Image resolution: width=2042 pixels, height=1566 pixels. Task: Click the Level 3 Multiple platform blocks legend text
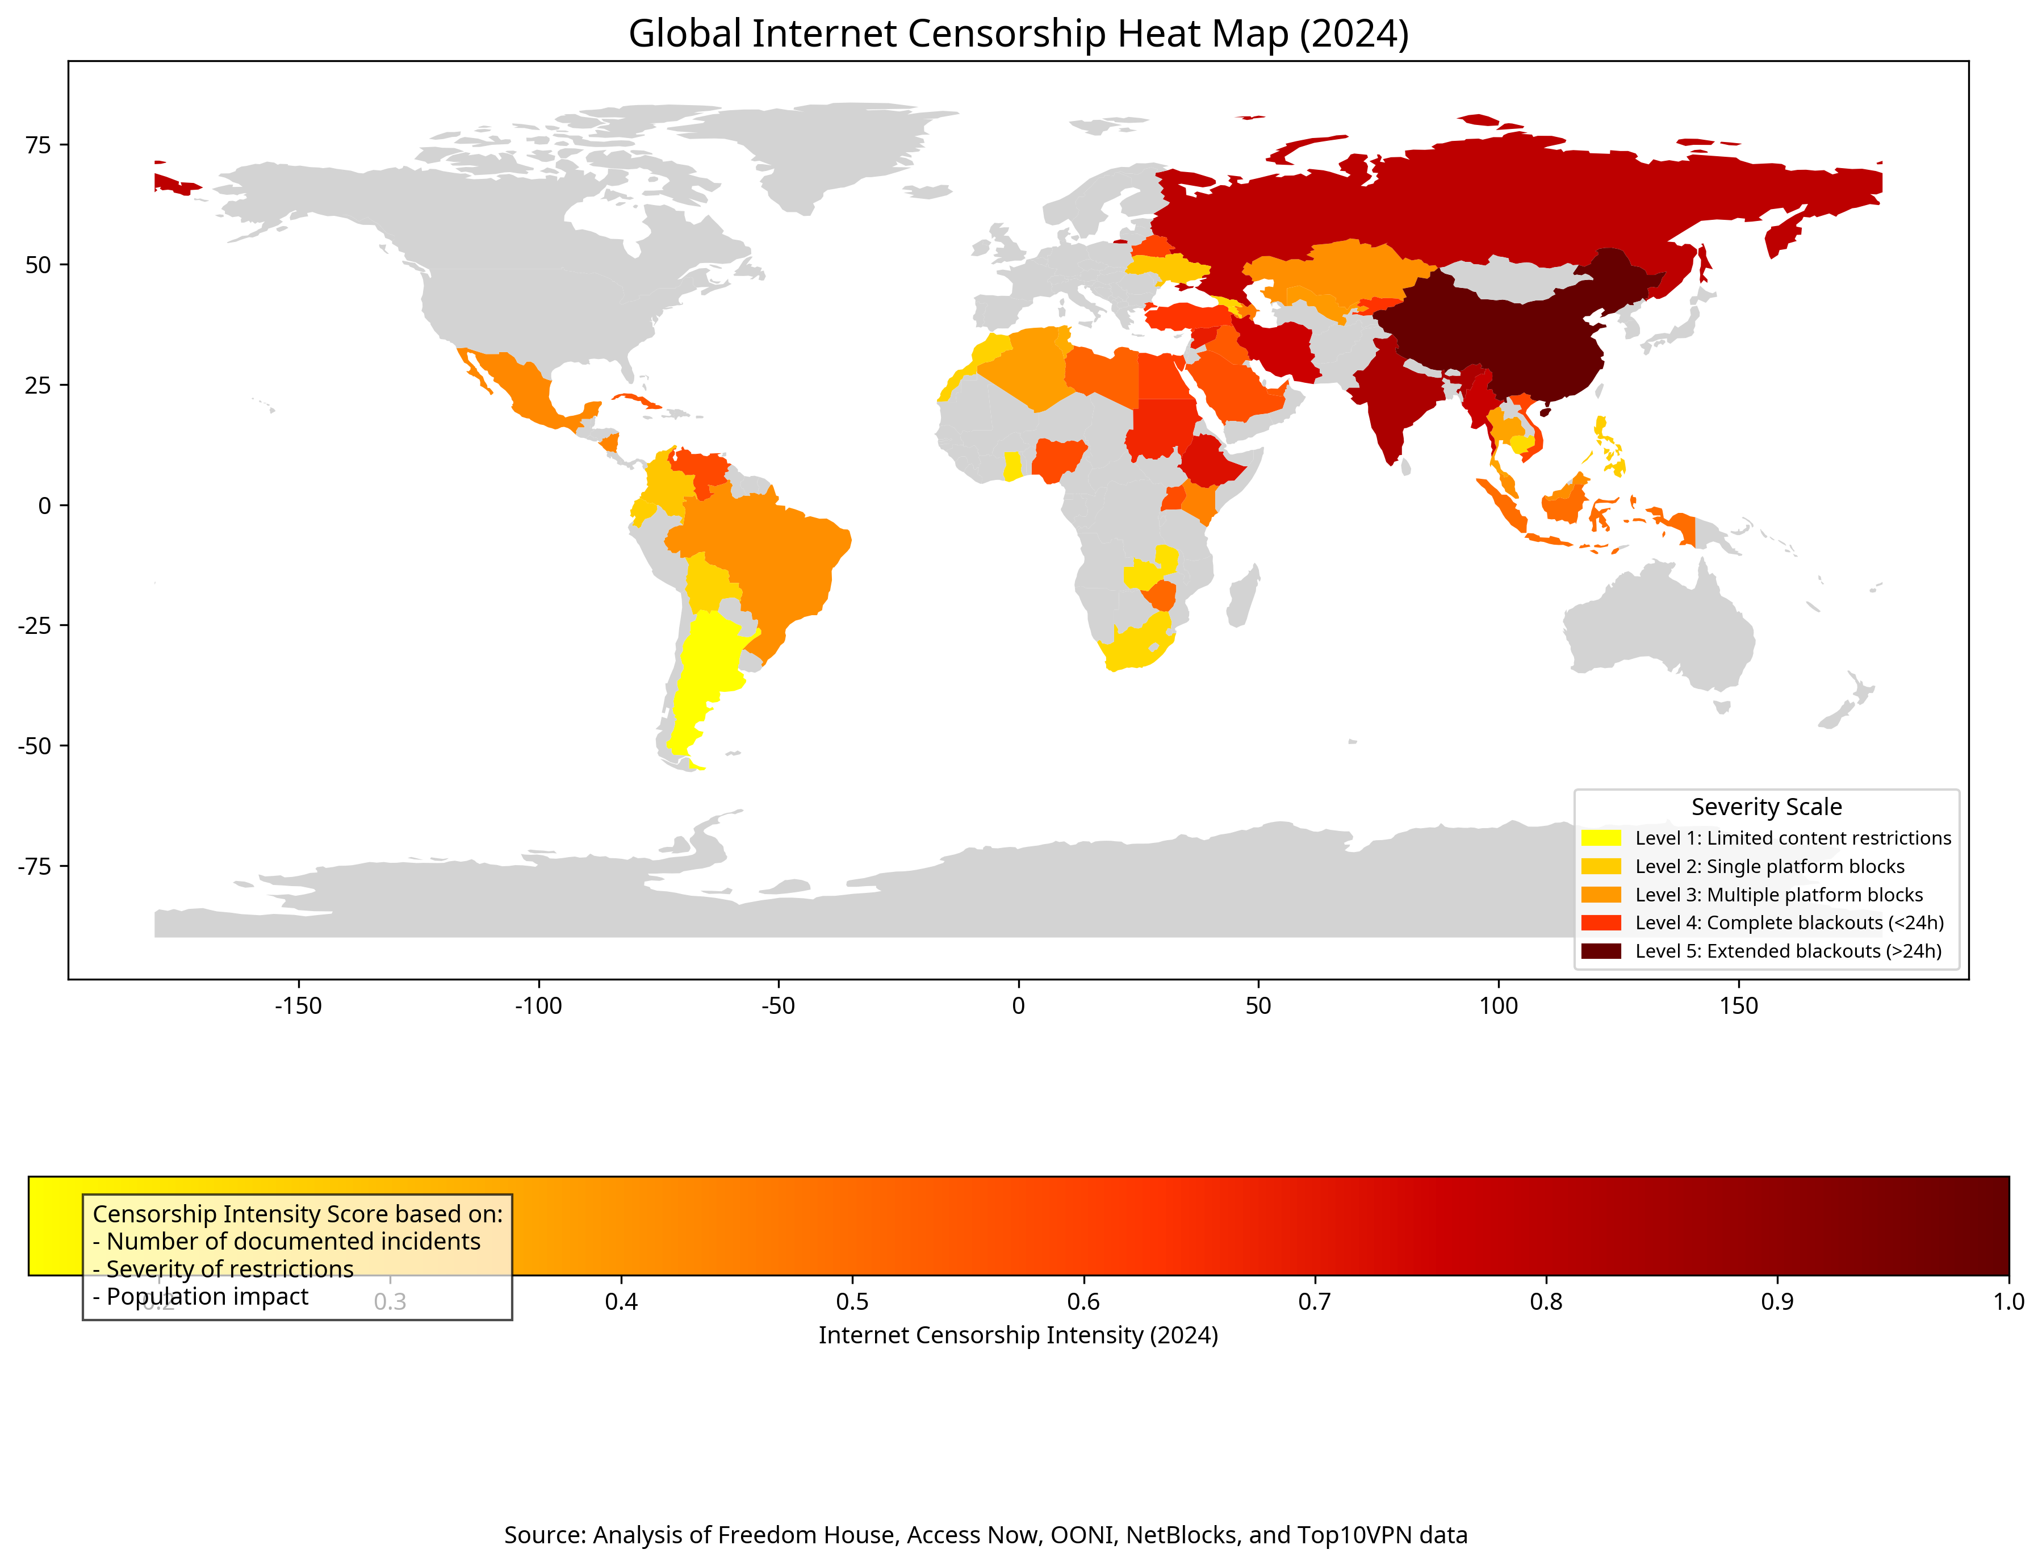[1779, 895]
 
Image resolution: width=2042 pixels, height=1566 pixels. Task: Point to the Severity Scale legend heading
[1765, 807]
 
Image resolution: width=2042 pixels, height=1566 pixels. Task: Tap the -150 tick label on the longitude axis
[298, 1007]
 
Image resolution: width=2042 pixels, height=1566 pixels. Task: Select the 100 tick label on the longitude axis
[1498, 1007]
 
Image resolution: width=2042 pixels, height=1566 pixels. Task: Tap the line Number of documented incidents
[286, 1242]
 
